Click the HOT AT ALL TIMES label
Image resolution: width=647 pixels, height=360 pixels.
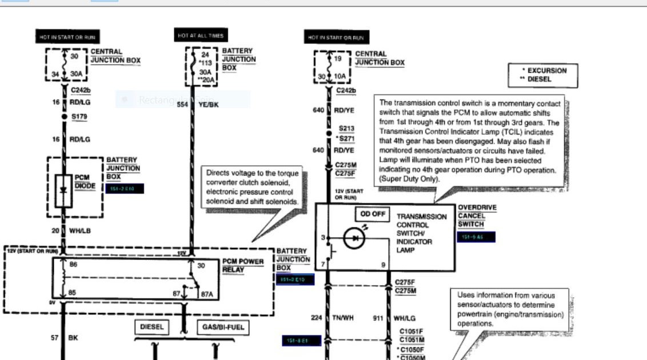[x=200, y=36]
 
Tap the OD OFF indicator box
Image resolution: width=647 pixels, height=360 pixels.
[x=373, y=214]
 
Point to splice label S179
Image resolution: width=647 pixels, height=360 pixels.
[x=80, y=117]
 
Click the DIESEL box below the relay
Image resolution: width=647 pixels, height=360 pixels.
[x=152, y=327]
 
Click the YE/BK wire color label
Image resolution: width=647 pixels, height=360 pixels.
[x=209, y=105]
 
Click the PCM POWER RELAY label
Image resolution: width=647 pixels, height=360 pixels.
[x=243, y=266]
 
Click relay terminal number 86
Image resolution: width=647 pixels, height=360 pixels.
[x=73, y=265]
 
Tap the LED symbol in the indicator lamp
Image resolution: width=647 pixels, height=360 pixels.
[x=354, y=238]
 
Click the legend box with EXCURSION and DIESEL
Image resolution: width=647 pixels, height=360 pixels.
[x=542, y=75]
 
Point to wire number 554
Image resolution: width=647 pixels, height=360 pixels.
[x=182, y=105]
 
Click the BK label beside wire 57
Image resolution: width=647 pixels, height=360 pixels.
[x=73, y=338]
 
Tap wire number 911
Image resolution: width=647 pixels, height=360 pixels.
[x=378, y=318]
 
